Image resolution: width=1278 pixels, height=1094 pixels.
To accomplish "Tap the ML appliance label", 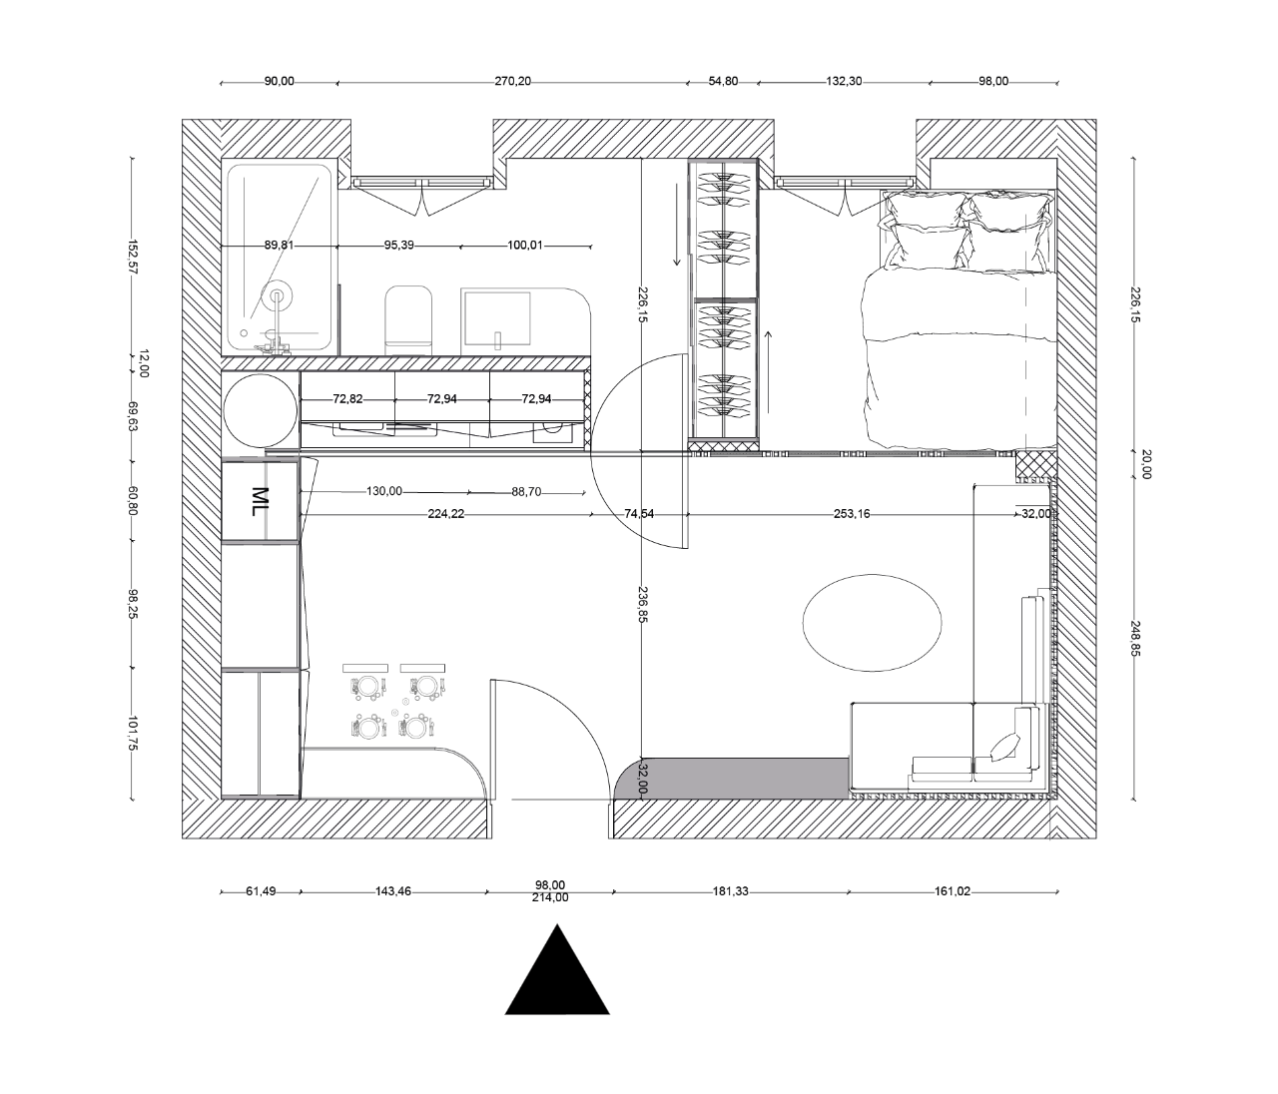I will [260, 501].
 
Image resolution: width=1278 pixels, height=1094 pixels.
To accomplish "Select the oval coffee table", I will [872, 620].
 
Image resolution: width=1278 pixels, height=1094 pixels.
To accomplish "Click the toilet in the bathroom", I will [408, 318].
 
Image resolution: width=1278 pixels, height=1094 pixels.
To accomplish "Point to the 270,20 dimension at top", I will [512, 82].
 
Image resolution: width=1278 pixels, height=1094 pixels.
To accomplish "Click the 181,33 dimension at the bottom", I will [729, 891].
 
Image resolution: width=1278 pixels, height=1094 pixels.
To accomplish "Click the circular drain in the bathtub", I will [279, 294].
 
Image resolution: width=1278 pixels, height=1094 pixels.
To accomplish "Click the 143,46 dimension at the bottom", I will [390, 891].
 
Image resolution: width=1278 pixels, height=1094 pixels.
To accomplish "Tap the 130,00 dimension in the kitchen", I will [384, 491].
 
